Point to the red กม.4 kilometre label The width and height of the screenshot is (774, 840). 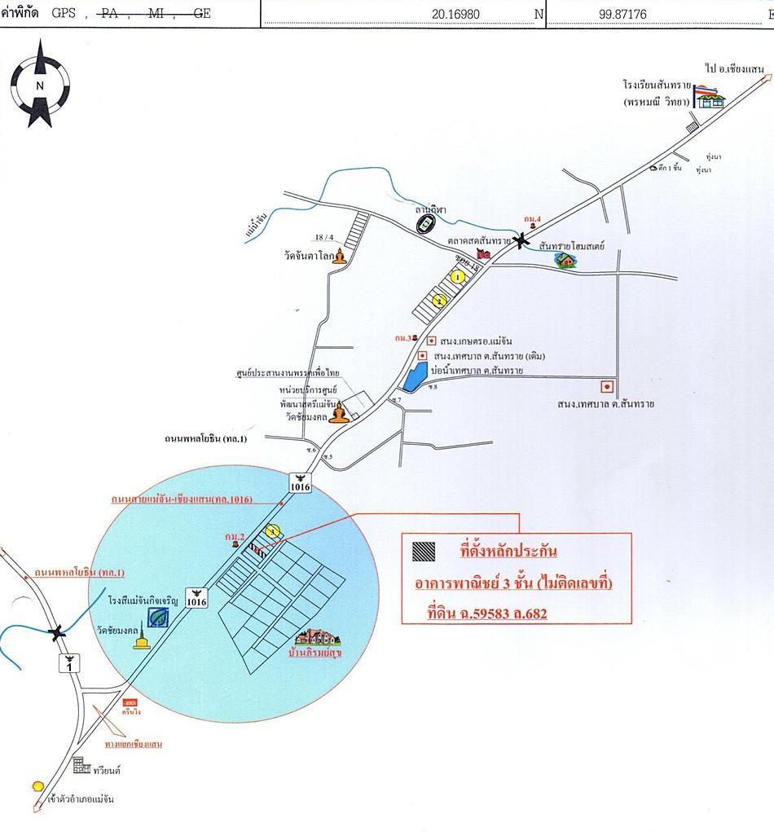pos(533,218)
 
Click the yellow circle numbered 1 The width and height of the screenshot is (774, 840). pos(458,277)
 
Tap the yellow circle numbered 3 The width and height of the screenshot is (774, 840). pos(274,531)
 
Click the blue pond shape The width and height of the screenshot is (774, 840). pos(414,376)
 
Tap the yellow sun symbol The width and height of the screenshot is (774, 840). pos(37,786)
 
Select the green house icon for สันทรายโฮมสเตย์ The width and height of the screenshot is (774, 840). pos(564,260)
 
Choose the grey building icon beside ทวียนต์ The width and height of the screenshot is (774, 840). pos(81,765)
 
